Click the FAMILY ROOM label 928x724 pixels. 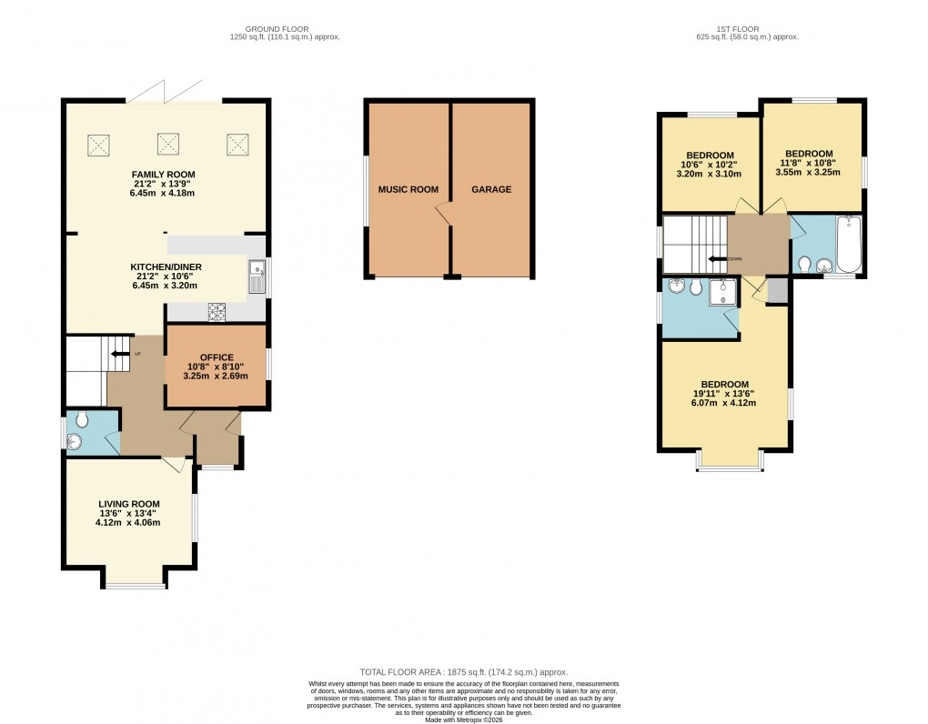(x=163, y=175)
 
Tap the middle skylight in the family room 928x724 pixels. (x=167, y=143)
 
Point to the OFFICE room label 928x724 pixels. (x=217, y=357)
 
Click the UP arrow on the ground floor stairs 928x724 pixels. (x=118, y=353)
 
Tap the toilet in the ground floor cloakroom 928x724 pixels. (x=82, y=420)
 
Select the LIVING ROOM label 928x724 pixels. (x=129, y=504)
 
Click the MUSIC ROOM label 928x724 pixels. (x=408, y=190)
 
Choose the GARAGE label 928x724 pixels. (x=491, y=190)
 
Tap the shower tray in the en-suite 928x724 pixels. (x=727, y=288)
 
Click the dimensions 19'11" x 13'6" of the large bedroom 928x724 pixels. (x=725, y=394)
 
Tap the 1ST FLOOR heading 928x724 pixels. (x=746, y=29)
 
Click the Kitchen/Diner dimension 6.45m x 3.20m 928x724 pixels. (x=166, y=285)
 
